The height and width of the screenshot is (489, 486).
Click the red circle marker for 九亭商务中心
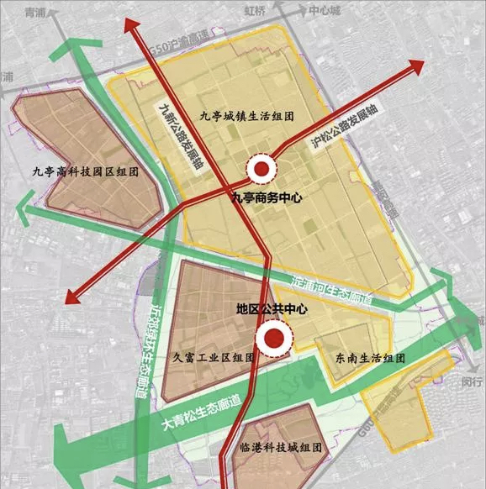pos(263,170)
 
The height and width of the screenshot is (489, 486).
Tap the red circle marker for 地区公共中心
pos(273,339)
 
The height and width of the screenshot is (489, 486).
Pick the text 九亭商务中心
pos(267,199)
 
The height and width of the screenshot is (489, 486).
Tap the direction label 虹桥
pos(255,12)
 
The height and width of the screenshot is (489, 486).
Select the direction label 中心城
pos(322,12)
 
